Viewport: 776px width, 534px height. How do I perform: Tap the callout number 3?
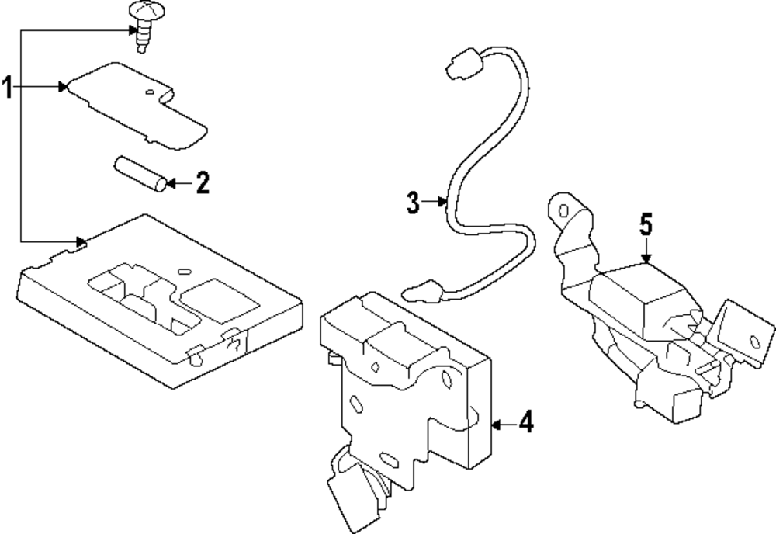coord(413,204)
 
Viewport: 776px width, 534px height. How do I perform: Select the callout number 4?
coord(525,425)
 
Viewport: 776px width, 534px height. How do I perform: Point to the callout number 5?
coord(646,226)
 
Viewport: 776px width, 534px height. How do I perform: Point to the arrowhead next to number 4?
coord(497,425)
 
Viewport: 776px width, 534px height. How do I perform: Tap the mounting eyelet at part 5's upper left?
coord(561,209)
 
